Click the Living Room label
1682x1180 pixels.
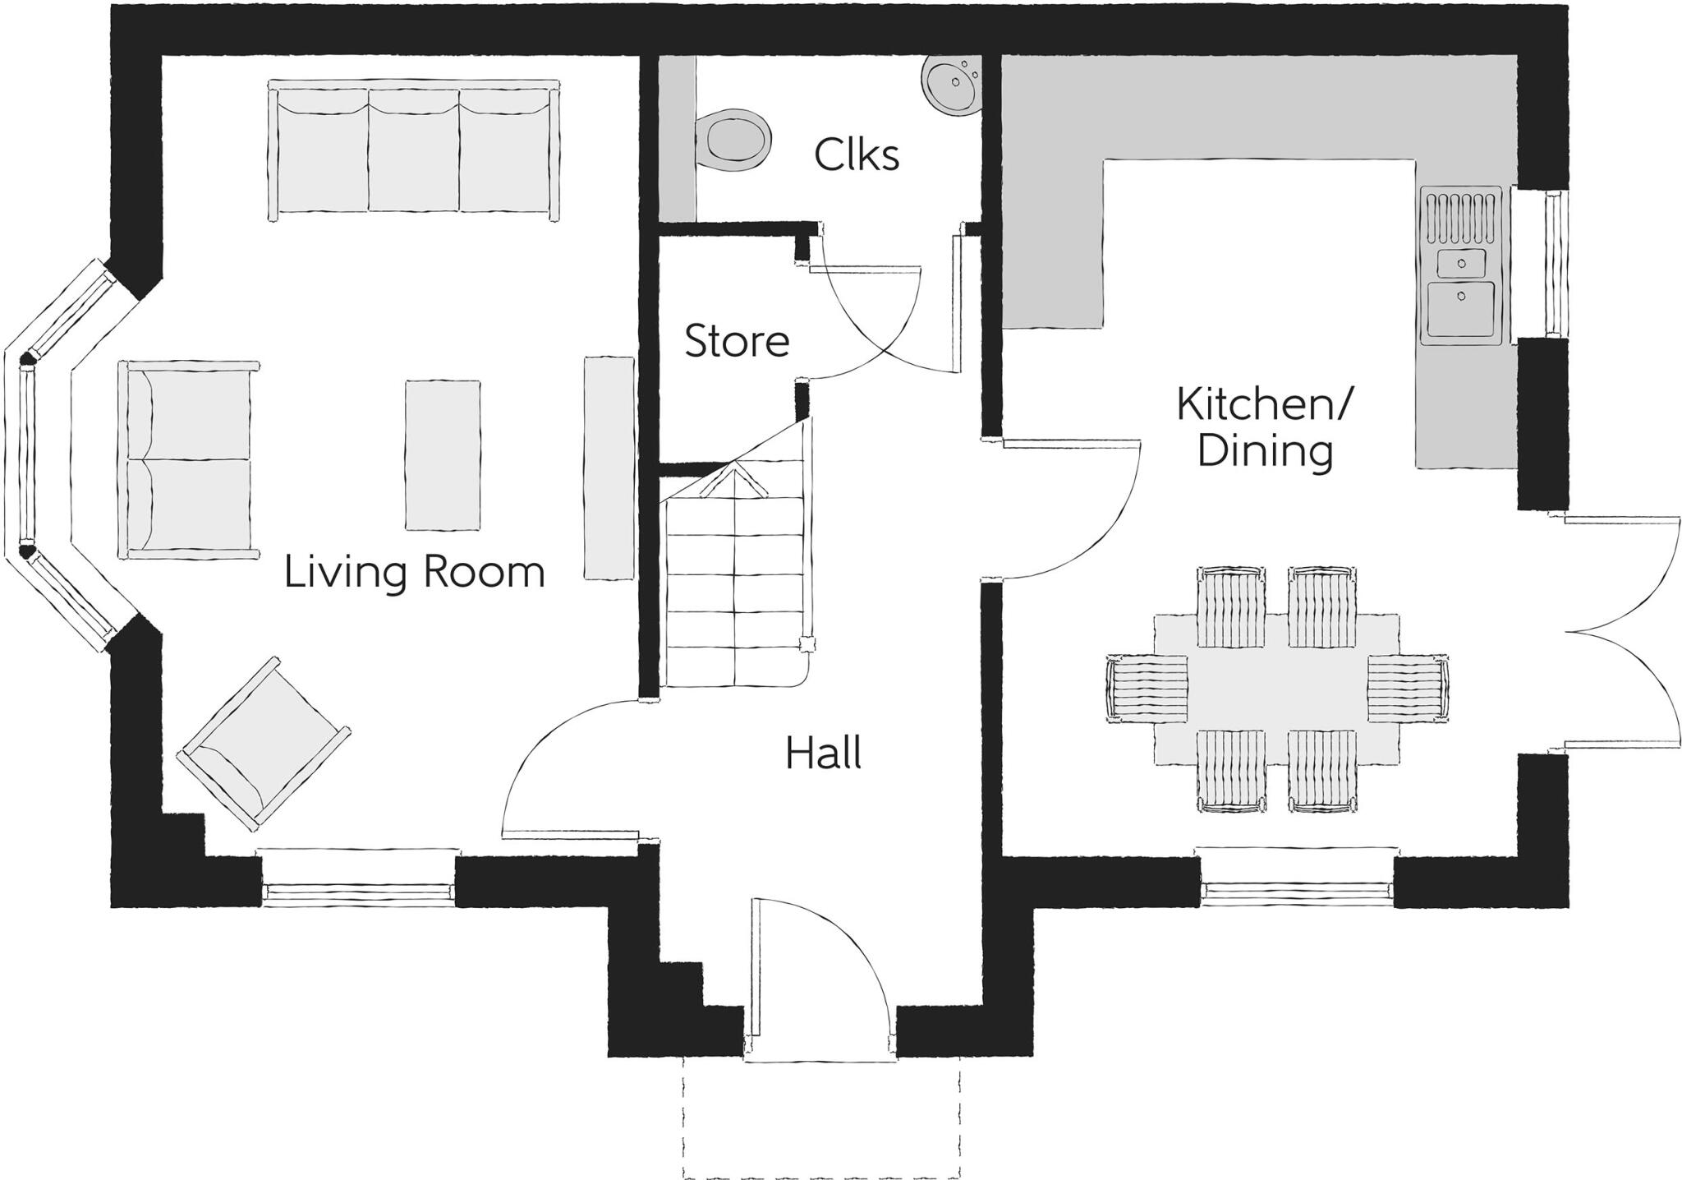(414, 572)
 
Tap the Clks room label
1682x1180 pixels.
(857, 154)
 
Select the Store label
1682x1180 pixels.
(737, 341)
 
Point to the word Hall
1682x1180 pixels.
(823, 754)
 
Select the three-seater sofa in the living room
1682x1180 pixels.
(414, 150)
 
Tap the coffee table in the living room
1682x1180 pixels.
(443, 454)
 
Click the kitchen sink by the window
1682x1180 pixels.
(1461, 288)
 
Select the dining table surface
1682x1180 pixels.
(1277, 689)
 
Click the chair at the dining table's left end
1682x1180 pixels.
(1147, 689)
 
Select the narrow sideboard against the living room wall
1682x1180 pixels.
(609, 468)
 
